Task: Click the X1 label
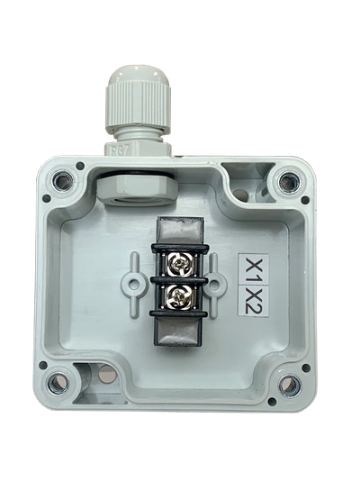tap(255, 268)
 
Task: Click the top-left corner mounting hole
tap(64, 183)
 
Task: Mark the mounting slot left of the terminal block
tap(133, 280)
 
